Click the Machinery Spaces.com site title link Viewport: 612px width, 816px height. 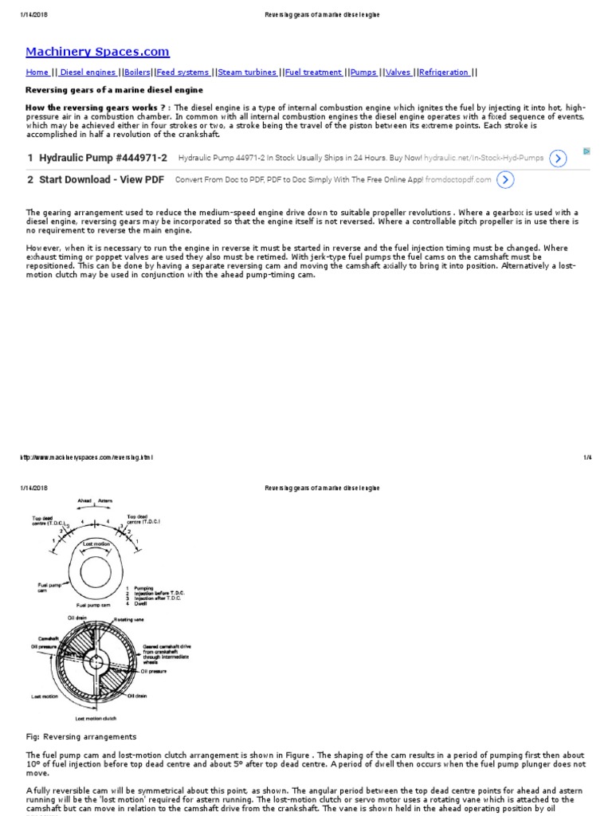[x=97, y=52]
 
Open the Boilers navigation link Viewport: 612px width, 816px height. [x=137, y=73]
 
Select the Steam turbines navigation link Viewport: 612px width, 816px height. [x=247, y=73]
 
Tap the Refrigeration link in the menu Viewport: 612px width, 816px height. [x=444, y=73]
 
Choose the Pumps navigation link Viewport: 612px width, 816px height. [x=363, y=73]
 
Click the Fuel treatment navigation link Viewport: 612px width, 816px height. [x=313, y=73]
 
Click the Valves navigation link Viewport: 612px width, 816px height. [x=398, y=73]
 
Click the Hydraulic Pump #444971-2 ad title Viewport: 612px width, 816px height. [x=103, y=158]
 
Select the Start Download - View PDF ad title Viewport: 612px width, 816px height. [x=101, y=180]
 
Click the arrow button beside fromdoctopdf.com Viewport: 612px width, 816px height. [x=504, y=180]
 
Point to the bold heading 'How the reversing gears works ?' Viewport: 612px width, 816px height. [x=97, y=108]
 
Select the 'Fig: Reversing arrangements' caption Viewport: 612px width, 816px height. [x=81, y=736]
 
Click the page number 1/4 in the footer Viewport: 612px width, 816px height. [x=587, y=457]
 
